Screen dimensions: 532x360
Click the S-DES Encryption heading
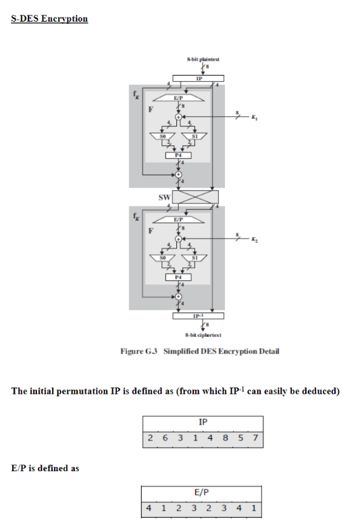click(49, 18)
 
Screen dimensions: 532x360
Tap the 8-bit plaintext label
click(198, 60)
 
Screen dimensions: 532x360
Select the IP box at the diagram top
click(198, 79)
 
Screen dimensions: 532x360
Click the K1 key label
click(254, 117)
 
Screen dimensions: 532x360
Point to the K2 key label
click(254, 240)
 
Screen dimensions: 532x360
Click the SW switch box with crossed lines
click(196, 197)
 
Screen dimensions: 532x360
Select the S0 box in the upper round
click(163, 136)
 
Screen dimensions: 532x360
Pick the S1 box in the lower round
click(194, 258)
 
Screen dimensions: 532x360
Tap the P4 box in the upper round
click(178, 155)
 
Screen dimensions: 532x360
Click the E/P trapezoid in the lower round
click(178, 219)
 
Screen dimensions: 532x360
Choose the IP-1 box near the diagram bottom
click(197, 315)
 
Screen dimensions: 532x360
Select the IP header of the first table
click(203, 422)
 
